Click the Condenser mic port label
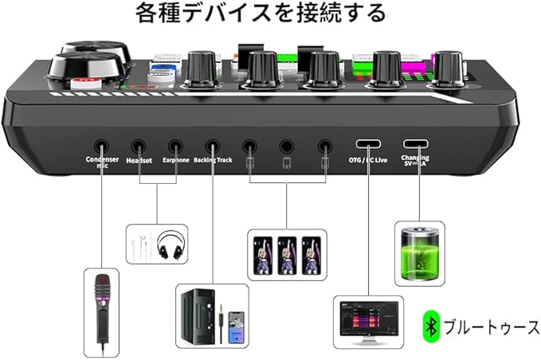(x=102, y=162)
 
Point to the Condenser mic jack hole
(x=102, y=147)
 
